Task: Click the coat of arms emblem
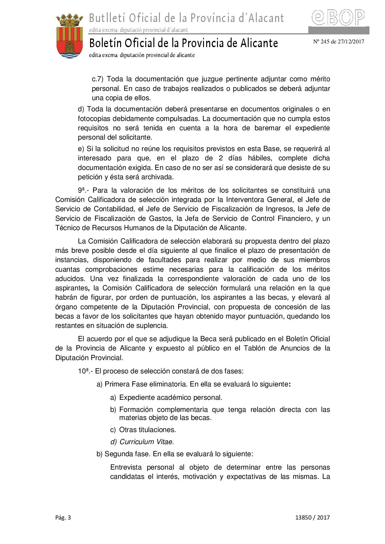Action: (69, 36)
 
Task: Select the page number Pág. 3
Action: (63, 517)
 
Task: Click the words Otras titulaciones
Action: (147, 430)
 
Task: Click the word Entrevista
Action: (126, 467)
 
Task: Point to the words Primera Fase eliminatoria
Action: (145, 384)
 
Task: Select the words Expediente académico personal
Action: (170, 397)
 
